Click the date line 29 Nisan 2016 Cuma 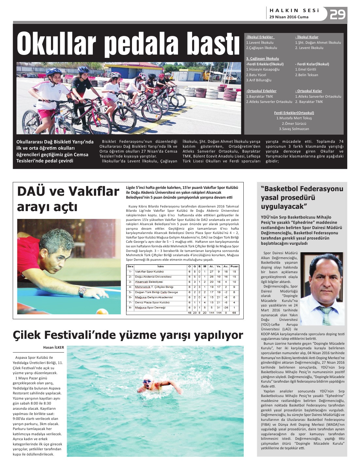(289, 17)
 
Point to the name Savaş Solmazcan (294, 129)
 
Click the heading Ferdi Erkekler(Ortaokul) (294, 113)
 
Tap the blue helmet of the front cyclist (54, 71)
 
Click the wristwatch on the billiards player (83, 290)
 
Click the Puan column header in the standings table (234, 267)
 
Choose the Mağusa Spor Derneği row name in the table (150, 308)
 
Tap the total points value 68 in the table (234, 313)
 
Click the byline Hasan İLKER (54, 347)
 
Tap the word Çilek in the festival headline (27, 335)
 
